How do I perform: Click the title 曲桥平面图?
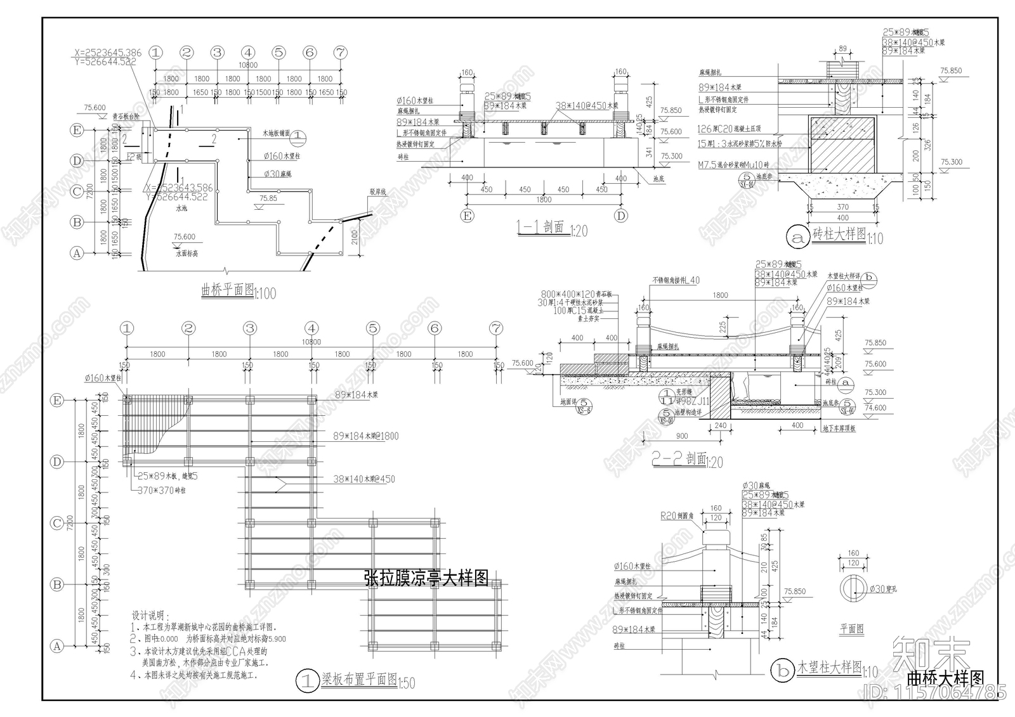[x=226, y=290]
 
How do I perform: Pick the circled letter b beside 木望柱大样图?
[x=782, y=669]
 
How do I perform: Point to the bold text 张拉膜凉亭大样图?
[x=426, y=578]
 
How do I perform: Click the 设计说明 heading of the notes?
[x=147, y=616]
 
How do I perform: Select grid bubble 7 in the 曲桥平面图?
[x=341, y=53]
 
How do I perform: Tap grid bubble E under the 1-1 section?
[x=468, y=216]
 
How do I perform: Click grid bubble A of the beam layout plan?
[x=57, y=646]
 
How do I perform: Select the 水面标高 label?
[x=187, y=253]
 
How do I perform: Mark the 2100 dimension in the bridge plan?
[x=355, y=237]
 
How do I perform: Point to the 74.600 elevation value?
[x=875, y=408]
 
